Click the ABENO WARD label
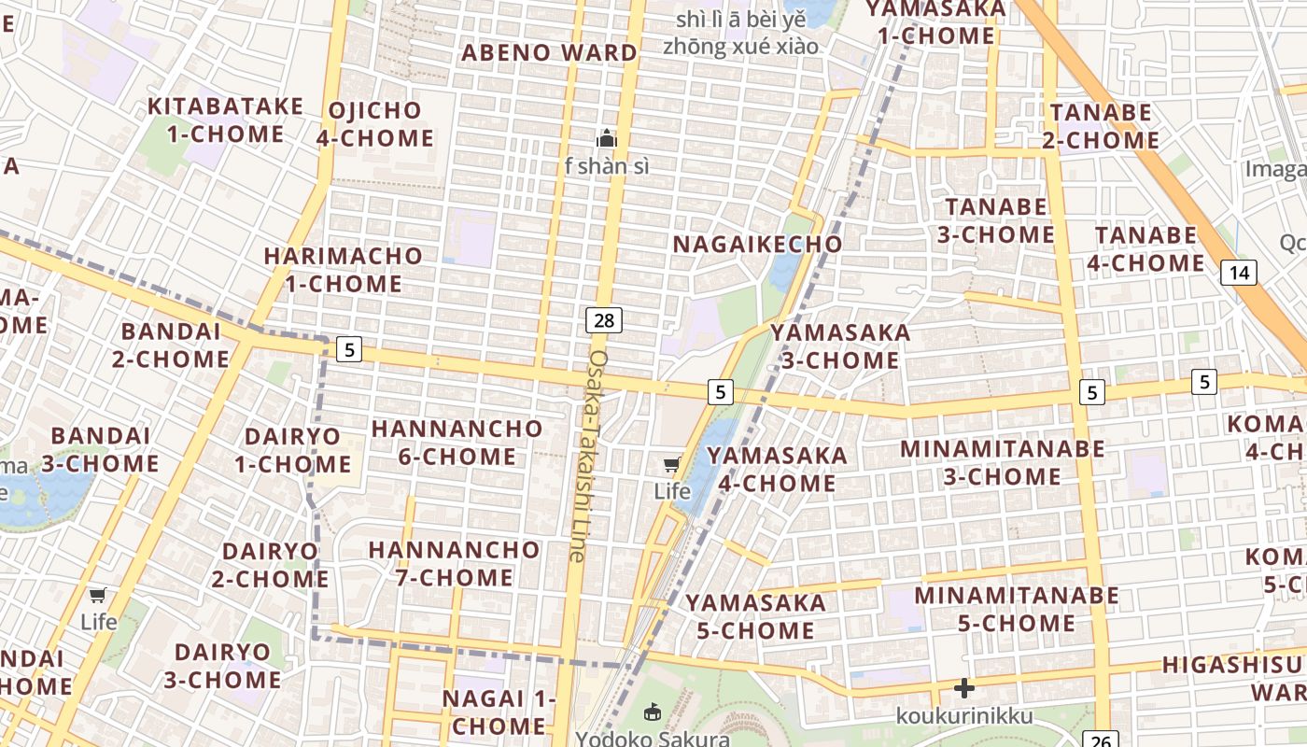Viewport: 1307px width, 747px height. tap(549, 52)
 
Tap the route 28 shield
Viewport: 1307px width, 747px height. tap(604, 320)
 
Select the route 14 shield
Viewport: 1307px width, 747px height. tap(1238, 273)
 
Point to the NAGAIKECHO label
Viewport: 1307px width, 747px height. tap(758, 244)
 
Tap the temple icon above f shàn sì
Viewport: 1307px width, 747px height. tap(607, 139)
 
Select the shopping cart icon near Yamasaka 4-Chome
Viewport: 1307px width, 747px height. tap(672, 464)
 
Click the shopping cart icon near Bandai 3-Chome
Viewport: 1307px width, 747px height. tap(98, 595)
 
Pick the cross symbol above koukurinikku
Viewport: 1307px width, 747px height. tap(964, 689)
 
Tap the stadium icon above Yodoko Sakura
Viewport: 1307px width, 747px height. tap(652, 712)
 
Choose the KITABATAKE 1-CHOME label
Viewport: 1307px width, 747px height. tap(225, 120)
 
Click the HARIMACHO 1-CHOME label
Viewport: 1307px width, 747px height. tap(343, 269)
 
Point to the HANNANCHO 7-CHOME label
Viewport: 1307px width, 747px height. tap(454, 563)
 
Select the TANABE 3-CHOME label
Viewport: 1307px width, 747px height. tap(995, 220)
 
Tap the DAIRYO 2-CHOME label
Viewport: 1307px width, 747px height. tap(269, 565)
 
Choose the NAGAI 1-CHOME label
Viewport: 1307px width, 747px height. tap(499, 712)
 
